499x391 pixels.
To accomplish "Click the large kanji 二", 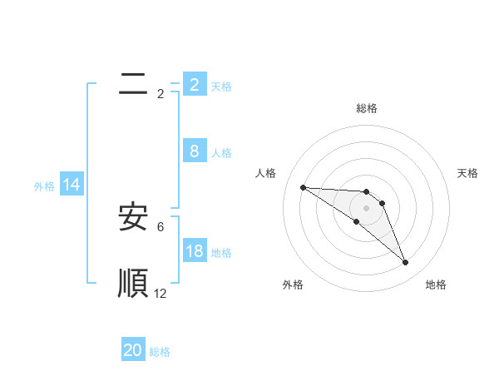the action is [132, 83].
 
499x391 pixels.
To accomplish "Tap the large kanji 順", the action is [132, 283].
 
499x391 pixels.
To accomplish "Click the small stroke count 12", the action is [161, 294].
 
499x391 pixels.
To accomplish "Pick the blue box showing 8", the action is [194, 151].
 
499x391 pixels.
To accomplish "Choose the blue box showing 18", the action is [194, 250].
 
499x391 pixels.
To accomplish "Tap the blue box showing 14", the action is [72, 186].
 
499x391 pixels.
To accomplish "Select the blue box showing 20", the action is [133, 350].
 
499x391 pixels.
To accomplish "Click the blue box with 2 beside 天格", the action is [194, 84].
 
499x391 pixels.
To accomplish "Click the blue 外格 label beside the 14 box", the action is [44, 186].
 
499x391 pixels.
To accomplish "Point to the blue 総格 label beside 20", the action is [160, 352].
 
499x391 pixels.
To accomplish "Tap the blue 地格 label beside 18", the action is [221, 252].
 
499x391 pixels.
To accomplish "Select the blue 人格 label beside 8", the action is [221, 153].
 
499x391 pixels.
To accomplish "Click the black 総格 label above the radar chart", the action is [367, 108].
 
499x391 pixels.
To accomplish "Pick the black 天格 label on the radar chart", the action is [468, 173].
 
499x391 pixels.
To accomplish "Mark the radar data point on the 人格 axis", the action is [303, 187].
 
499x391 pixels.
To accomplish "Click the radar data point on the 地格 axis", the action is [406, 263].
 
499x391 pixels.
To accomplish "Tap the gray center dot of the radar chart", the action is [367, 208].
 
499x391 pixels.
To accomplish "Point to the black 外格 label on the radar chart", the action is [293, 285].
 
